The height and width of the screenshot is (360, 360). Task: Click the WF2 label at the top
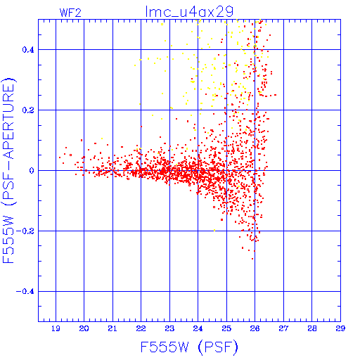[70, 13]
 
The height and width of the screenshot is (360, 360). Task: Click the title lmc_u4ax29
[189, 11]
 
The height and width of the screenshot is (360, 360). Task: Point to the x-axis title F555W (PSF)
[189, 347]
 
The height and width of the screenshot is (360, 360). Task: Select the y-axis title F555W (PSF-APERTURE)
[8, 171]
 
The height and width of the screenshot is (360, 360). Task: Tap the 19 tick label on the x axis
[56, 328]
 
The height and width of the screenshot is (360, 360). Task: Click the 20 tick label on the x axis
[84, 328]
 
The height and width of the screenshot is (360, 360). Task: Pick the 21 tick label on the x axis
[112, 328]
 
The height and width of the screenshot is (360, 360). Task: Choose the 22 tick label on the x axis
[141, 328]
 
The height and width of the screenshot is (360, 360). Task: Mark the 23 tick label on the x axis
[169, 328]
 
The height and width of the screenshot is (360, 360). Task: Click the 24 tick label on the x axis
[198, 328]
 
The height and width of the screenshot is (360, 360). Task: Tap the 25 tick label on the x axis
[226, 328]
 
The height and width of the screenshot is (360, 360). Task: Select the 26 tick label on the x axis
[255, 328]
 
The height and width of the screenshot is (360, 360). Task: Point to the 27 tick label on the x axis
[283, 328]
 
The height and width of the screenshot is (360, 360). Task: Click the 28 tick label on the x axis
[312, 328]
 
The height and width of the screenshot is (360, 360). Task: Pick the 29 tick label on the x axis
[340, 328]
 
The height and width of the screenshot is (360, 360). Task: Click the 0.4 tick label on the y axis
[28, 50]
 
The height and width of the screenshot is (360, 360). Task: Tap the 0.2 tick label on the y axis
[28, 110]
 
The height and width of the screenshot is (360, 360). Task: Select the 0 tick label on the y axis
[32, 171]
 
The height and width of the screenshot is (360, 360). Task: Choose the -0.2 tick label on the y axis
[25, 231]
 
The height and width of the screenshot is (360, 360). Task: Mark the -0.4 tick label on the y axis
[25, 292]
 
